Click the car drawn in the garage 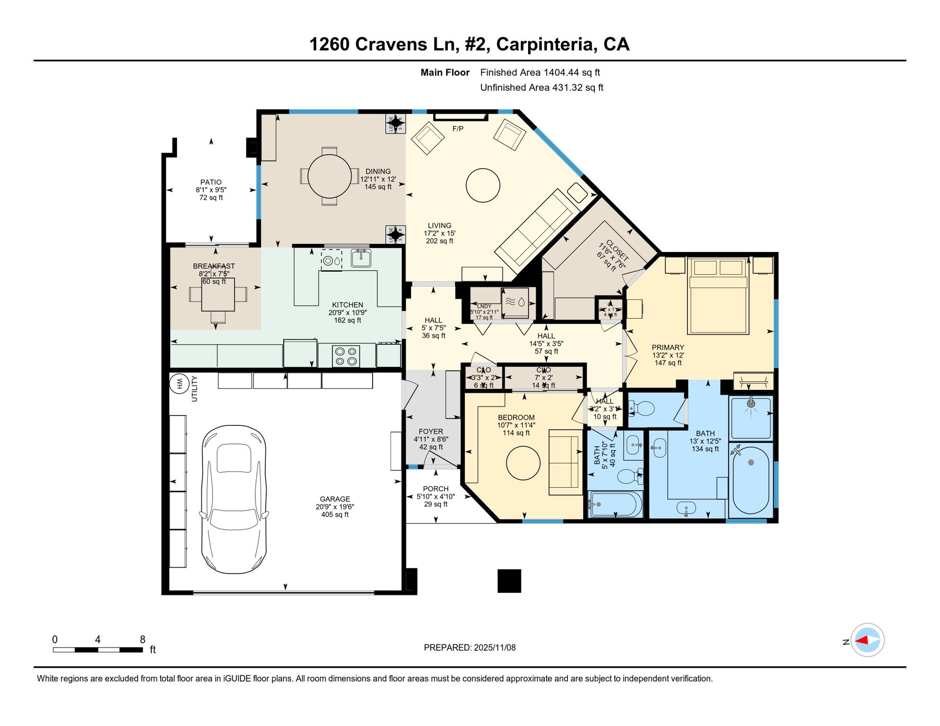[x=234, y=500]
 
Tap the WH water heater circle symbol [x=179, y=383]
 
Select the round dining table [x=330, y=176]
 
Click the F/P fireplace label [x=458, y=129]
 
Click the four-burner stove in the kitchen [x=346, y=356]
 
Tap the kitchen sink [x=361, y=259]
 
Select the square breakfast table [x=218, y=294]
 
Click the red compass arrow [x=862, y=640]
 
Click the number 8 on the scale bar [x=142, y=640]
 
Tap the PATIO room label [x=211, y=182]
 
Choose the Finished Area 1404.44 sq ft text [x=540, y=72]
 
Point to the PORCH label [x=435, y=489]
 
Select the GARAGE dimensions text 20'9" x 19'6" [x=335, y=507]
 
